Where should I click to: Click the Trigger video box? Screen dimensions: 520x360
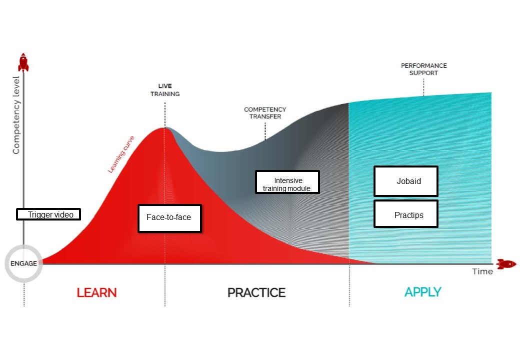click(x=48, y=214)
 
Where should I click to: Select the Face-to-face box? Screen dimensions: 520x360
click(x=169, y=218)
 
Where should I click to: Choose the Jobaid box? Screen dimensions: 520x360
click(x=406, y=181)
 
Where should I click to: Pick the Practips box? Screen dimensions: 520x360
click(x=406, y=214)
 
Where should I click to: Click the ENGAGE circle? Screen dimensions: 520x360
click(x=23, y=263)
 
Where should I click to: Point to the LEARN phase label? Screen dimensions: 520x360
click(x=96, y=292)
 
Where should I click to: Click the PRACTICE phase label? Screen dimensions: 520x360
click(x=256, y=292)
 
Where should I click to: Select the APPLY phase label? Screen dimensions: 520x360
click(x=423, y=292)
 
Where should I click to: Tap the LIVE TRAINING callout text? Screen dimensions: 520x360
click(x=165, y=90)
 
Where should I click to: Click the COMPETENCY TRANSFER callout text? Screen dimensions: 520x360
click(x=265, y=112)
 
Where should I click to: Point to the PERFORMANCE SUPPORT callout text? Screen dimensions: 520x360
click(x=424, y=69)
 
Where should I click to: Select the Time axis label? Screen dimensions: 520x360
click(x=482, y=271)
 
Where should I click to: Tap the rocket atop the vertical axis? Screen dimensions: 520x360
click(x=23, y=62)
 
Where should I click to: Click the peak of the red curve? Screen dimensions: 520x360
click(x=164, y=128)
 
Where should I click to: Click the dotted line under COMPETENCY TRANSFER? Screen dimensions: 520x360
click(x=265, y=130)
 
